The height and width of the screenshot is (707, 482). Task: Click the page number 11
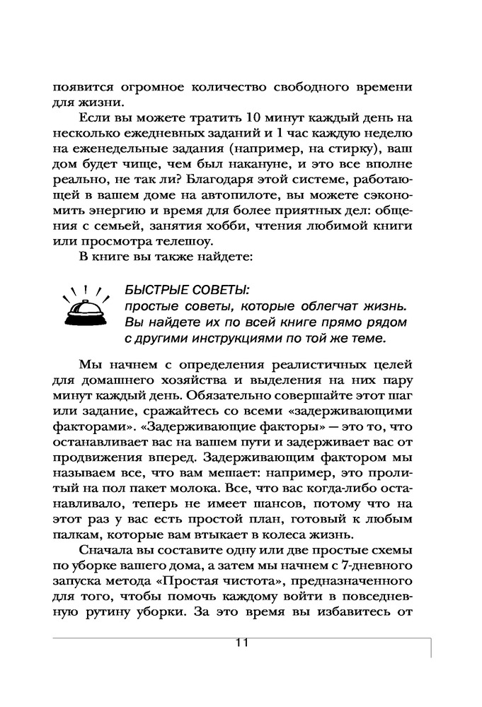pos(241,643)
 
